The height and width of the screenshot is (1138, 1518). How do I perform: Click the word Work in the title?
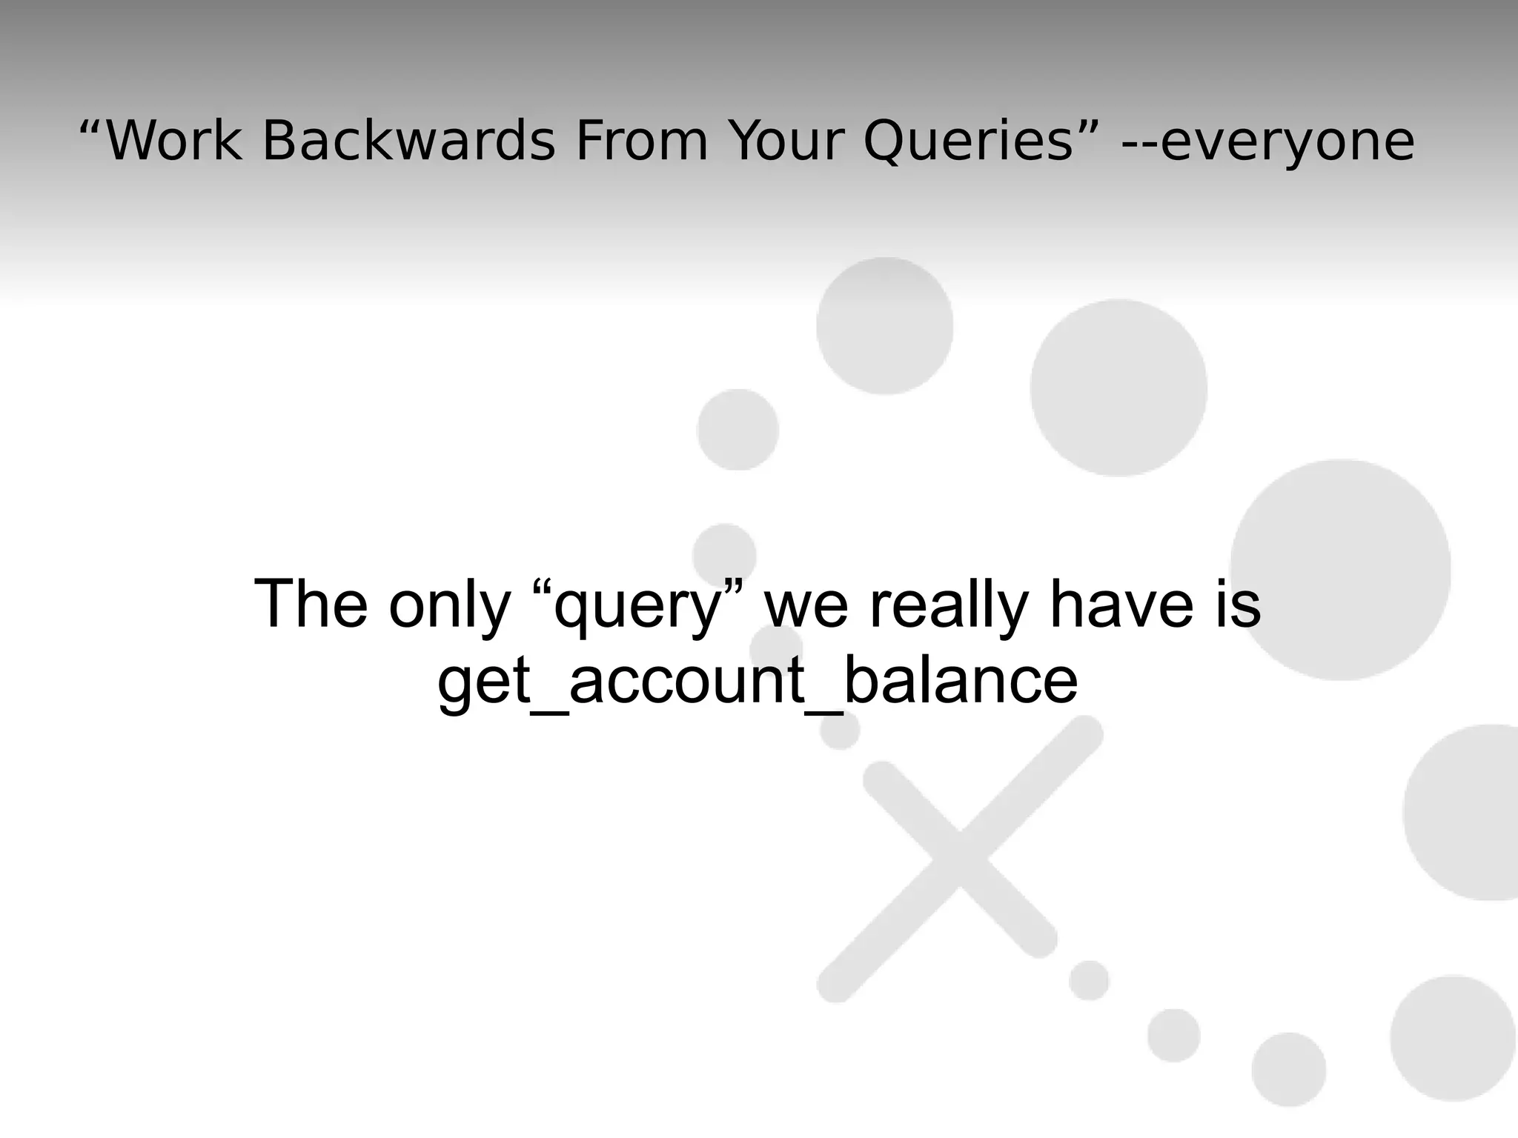click(x=174, y=140)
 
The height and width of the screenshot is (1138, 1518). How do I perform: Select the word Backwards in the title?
click(x=408, y=140)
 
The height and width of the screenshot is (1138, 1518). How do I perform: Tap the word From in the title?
click(x=641, y=140)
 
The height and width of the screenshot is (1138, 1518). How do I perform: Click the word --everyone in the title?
click(x=1268, y=142)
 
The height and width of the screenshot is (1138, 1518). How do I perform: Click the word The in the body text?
click(x=311, y=604)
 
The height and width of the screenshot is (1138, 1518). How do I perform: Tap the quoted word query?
click(x=638, y=606)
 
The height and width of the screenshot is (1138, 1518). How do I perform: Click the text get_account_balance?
click(x=757, y=682)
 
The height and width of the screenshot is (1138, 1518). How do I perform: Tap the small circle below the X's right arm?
click(x=1089, y=980)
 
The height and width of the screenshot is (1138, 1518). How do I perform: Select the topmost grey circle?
click(x=884, y=326)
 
